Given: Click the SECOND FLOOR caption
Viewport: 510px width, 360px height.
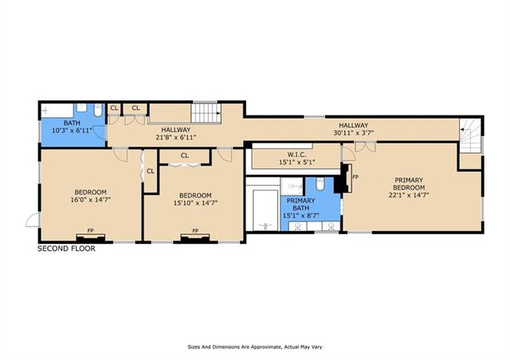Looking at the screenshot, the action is pyautogui.click(x=66, y=248).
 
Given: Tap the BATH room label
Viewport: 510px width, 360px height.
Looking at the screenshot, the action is pyautogui.click(x=72, y=123).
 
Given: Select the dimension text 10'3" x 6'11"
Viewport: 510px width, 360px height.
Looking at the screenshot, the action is pyautogui.click(x=73, y=131).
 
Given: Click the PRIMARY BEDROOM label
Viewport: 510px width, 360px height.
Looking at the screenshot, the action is pyautogui.click(x=409, y=184).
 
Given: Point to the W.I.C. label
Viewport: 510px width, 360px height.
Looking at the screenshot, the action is pyautogui.click(x=296, y=155).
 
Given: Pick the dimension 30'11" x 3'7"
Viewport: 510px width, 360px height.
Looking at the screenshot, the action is pyautogui.click(x=354, y=133).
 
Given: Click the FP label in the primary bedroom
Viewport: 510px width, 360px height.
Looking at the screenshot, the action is pyautogui.click(x=355, y=177).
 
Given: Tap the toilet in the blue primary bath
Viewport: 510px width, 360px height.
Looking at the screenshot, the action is pyautogui.click(x=320, y=184).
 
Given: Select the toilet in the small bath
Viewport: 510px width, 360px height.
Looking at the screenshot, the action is pyautogui.click(x=98, y=110).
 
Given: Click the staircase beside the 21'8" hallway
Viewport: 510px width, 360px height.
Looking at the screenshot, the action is pyautogui.click(x=206, y=113).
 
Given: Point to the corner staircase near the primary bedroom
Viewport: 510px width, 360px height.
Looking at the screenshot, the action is pyautogui.click(x=470, y=135).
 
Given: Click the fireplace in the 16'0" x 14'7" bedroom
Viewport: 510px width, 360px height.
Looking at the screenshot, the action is pyautogui.click(x=91, y=237).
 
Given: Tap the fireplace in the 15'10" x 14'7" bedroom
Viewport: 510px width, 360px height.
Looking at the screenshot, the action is pyautogui.click(x=195, y=237).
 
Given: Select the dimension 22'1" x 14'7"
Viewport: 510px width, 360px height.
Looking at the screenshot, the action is pyautogui.click(x=409, y=195).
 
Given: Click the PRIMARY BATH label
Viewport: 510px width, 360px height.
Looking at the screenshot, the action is pyautogui.click(x=301, y=204).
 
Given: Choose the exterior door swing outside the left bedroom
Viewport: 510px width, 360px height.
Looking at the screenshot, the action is pyautogui.click(x=33, y=220).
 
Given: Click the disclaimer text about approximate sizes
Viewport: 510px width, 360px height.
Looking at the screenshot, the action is pyautogui.click(x=255, y=347).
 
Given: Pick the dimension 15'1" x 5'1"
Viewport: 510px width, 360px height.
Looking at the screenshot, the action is pyautogui.click(x=296, y=162).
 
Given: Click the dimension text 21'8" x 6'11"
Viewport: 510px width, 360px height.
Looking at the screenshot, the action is pyautogui.click(x=176, y=137).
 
